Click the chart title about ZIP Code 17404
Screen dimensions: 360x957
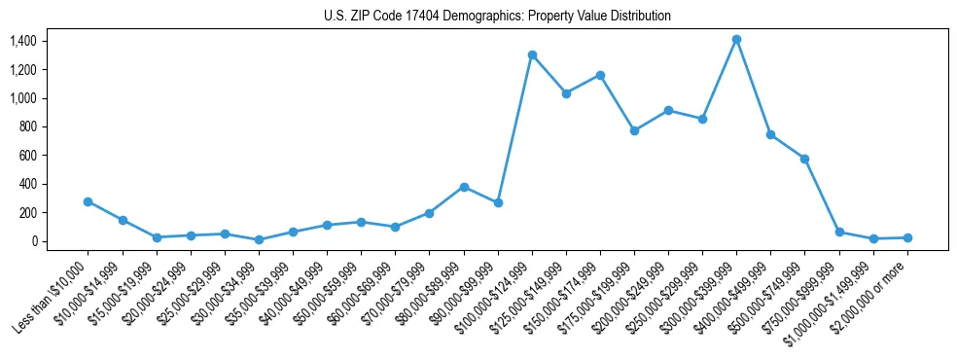pyautogui.click(x=497, y=17)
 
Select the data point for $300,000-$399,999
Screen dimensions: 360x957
pyautogui.click(x=736, y=40)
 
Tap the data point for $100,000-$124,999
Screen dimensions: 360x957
pyautogui.click(x=532, y=55)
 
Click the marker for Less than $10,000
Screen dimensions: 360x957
pyautogui.click(x=88, y=201)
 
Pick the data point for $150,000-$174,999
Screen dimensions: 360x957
pyautogui.click(x=600, y=75)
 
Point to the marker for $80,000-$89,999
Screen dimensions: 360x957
pyautogui.click(x=464, y=187)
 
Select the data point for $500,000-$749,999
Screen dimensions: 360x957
pyautogui.click(x=804, y=159)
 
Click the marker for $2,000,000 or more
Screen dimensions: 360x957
pyautogui.click(x=907, y=237)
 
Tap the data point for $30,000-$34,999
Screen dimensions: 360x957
pyautogui.click(x=259, y=239)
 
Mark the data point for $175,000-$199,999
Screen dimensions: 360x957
pyautogui.click(x=634, y=130)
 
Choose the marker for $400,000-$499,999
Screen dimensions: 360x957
pyautogui.click(x=770, y=134)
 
